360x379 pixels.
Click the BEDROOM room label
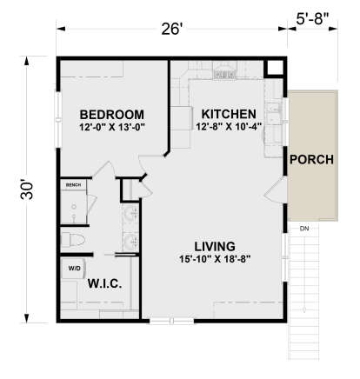point(111,115)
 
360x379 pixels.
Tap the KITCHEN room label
point(228,114)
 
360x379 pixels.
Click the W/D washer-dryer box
point(73,269)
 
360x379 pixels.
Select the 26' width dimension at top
point(170,30)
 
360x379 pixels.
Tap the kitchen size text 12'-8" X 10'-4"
point(228,129)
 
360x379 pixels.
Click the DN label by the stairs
point(303,229)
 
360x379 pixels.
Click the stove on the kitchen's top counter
point(224,76)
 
